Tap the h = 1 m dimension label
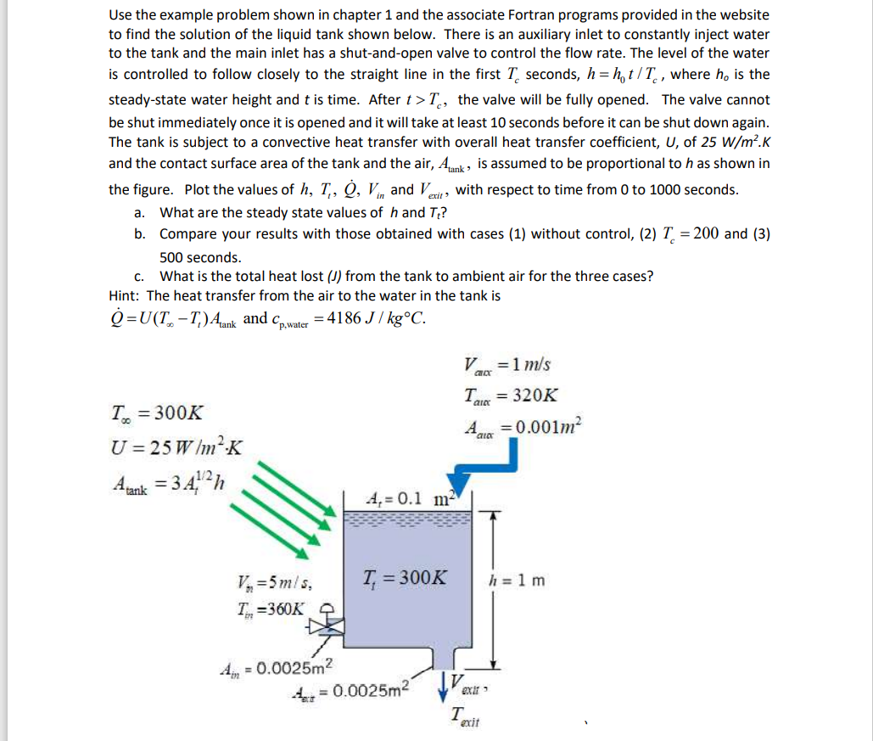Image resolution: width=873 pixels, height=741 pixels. click(x=518, y=581)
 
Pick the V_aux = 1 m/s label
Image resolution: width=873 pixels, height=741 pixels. click(x=507, y=365)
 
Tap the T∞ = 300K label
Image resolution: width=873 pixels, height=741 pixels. click(x=157, y=413)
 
